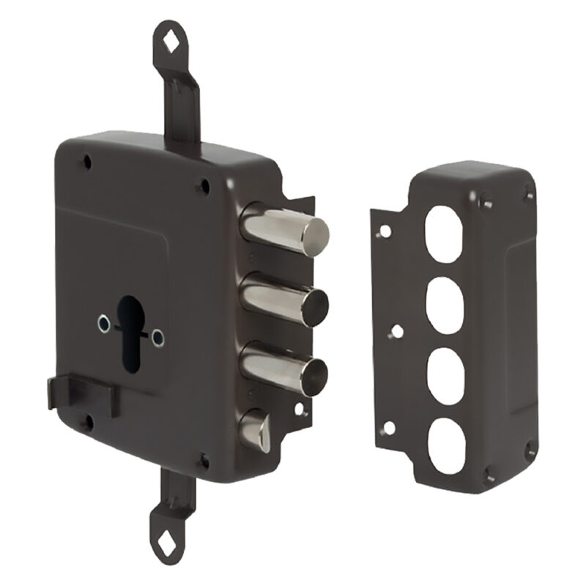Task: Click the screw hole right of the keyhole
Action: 157,338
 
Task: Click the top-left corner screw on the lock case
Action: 87,163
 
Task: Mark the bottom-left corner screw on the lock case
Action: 87,423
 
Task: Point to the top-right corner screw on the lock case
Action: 204,188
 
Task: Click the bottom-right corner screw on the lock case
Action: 204,461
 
